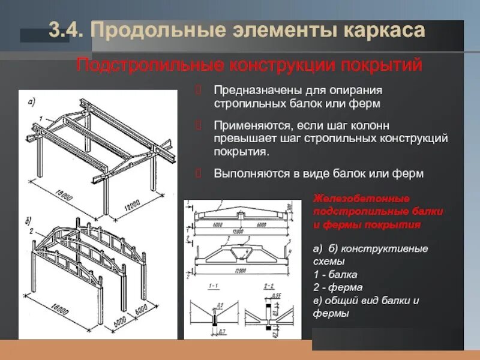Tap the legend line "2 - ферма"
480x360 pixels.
(x=337, y=287)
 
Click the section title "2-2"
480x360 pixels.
(x=268, y=287)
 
